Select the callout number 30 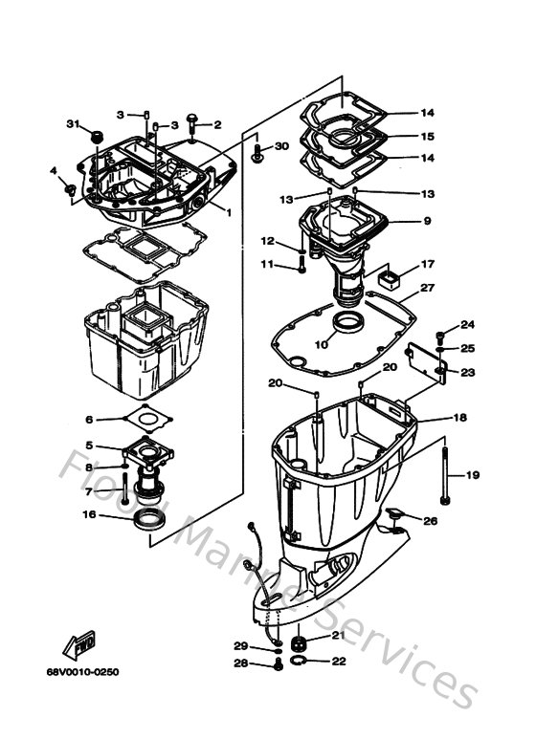pyautogui.click(x=281, y=146)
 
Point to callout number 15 pyautogui.click(x=428, y=137)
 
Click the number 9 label pyautogui.click(x=428, y=222)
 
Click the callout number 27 pyautogui.click(x=428, y=287)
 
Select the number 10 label pyautogui.click(x=322, y=343)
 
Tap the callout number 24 pyautogui.click(x=468, y=325)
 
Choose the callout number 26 pyautogui.click(x=430, y=521)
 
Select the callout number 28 pyautogui.click(x=241, y=663)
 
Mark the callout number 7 pyautogui.click(x=89, y=492)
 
